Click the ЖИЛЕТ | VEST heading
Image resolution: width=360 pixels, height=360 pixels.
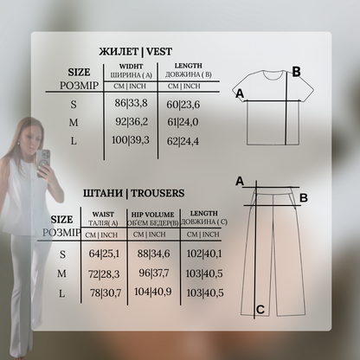136,52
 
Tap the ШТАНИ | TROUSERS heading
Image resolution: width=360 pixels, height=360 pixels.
133,193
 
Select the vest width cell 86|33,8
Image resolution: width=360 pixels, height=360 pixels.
131,103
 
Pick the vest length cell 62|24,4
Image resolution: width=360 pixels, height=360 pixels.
183,141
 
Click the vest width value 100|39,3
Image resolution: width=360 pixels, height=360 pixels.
131,140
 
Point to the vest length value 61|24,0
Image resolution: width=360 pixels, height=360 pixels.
183,122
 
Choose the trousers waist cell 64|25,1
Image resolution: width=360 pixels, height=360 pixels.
104,254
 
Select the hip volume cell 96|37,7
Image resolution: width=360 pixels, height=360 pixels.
154,273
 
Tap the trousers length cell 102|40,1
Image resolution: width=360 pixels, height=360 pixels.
204,254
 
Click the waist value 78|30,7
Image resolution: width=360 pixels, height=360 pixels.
106,293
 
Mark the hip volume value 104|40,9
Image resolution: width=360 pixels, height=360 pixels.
153,292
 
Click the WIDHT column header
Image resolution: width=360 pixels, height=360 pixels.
131,67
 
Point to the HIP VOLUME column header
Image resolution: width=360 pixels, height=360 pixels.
152,215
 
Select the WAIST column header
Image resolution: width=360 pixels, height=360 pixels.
103,215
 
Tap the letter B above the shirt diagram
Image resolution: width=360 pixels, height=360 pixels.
296,72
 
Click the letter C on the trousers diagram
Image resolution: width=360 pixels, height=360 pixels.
260,310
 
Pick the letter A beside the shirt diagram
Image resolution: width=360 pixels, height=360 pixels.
240,93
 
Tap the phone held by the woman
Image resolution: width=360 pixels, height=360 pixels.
43,163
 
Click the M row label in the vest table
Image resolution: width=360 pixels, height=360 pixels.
74,123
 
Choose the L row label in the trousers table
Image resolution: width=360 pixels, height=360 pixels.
61,293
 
